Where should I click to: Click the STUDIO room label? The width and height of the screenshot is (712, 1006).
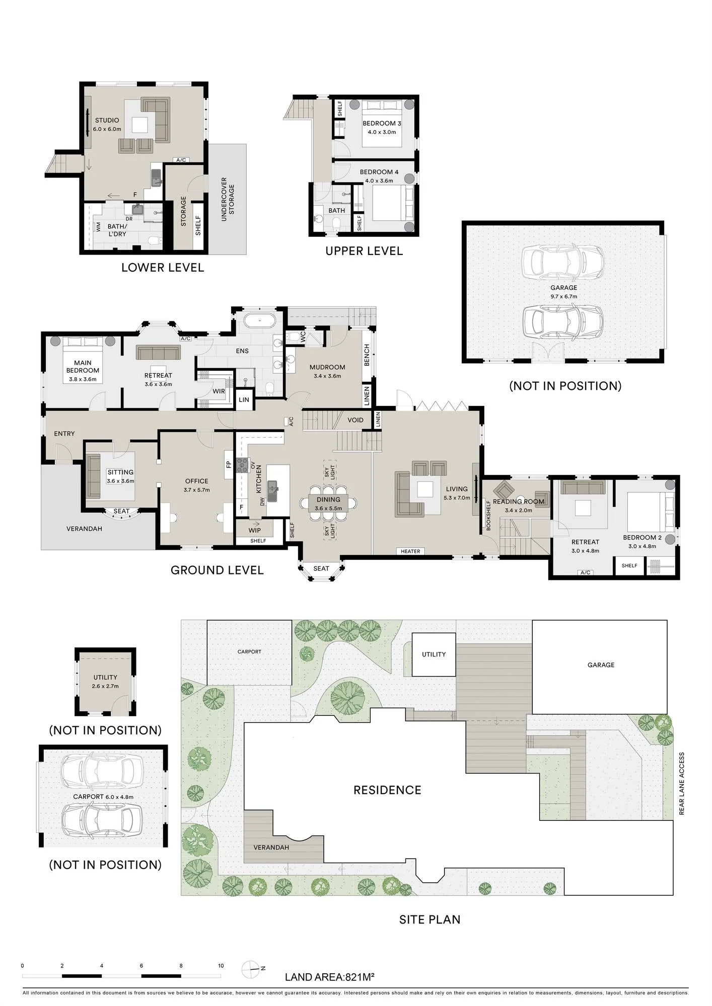(107, 120)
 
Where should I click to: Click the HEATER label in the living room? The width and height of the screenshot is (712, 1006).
(410, 551)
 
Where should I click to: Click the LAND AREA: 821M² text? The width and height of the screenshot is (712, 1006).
(329, 977)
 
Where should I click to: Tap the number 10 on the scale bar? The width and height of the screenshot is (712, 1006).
(221, 966)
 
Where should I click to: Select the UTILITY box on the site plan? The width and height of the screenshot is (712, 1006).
(434, 654)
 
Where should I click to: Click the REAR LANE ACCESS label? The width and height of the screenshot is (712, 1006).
(682, 784)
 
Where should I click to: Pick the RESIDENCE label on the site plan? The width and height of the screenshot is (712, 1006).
(387, 790)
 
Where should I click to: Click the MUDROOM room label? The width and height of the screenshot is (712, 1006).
(327, 367)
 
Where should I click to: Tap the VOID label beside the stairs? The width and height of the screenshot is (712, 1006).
(355, 420)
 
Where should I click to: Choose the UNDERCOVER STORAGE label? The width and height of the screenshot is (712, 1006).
(228, 196)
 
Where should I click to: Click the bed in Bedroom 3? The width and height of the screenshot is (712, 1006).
(382, 123)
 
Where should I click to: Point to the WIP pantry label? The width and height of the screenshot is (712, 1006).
(255, 530)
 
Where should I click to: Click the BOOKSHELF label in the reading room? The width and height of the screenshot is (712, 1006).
(488, 515)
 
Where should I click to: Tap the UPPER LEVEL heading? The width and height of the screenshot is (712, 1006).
(364, 251)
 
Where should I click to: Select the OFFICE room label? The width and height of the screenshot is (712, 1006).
(196, 481)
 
